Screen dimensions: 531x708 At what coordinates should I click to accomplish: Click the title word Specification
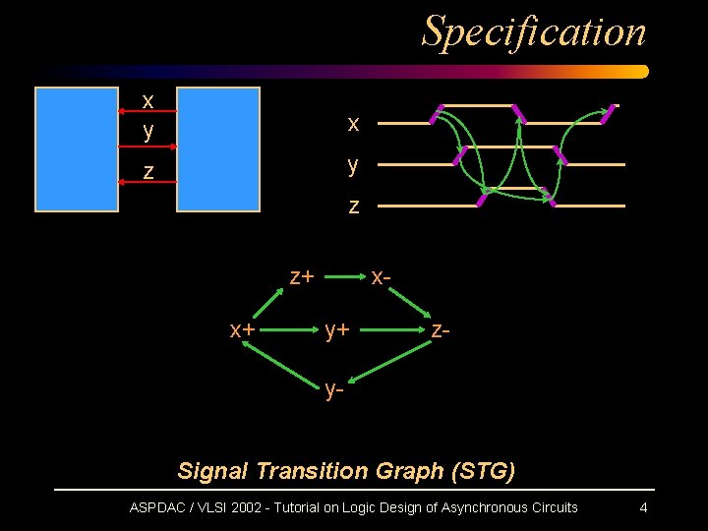534,30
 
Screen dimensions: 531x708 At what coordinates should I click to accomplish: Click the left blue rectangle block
76,149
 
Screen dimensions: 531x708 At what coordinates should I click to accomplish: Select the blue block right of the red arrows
217,149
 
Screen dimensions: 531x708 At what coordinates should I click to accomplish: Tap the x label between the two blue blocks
147,101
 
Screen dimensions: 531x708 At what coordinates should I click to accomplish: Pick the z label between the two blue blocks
147,172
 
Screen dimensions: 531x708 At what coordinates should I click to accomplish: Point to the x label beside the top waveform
353,124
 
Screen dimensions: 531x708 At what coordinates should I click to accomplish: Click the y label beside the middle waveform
353,165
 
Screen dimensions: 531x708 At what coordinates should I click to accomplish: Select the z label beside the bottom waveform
353,206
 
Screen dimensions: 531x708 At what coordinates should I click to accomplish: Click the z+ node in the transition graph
301,276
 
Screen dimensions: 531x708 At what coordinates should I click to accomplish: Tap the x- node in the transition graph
383,276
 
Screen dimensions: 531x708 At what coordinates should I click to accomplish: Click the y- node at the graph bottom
335,390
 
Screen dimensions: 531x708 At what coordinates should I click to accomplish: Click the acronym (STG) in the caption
483,471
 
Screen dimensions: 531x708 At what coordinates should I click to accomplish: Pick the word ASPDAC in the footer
160,507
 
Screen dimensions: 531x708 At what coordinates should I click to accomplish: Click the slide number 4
643,507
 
